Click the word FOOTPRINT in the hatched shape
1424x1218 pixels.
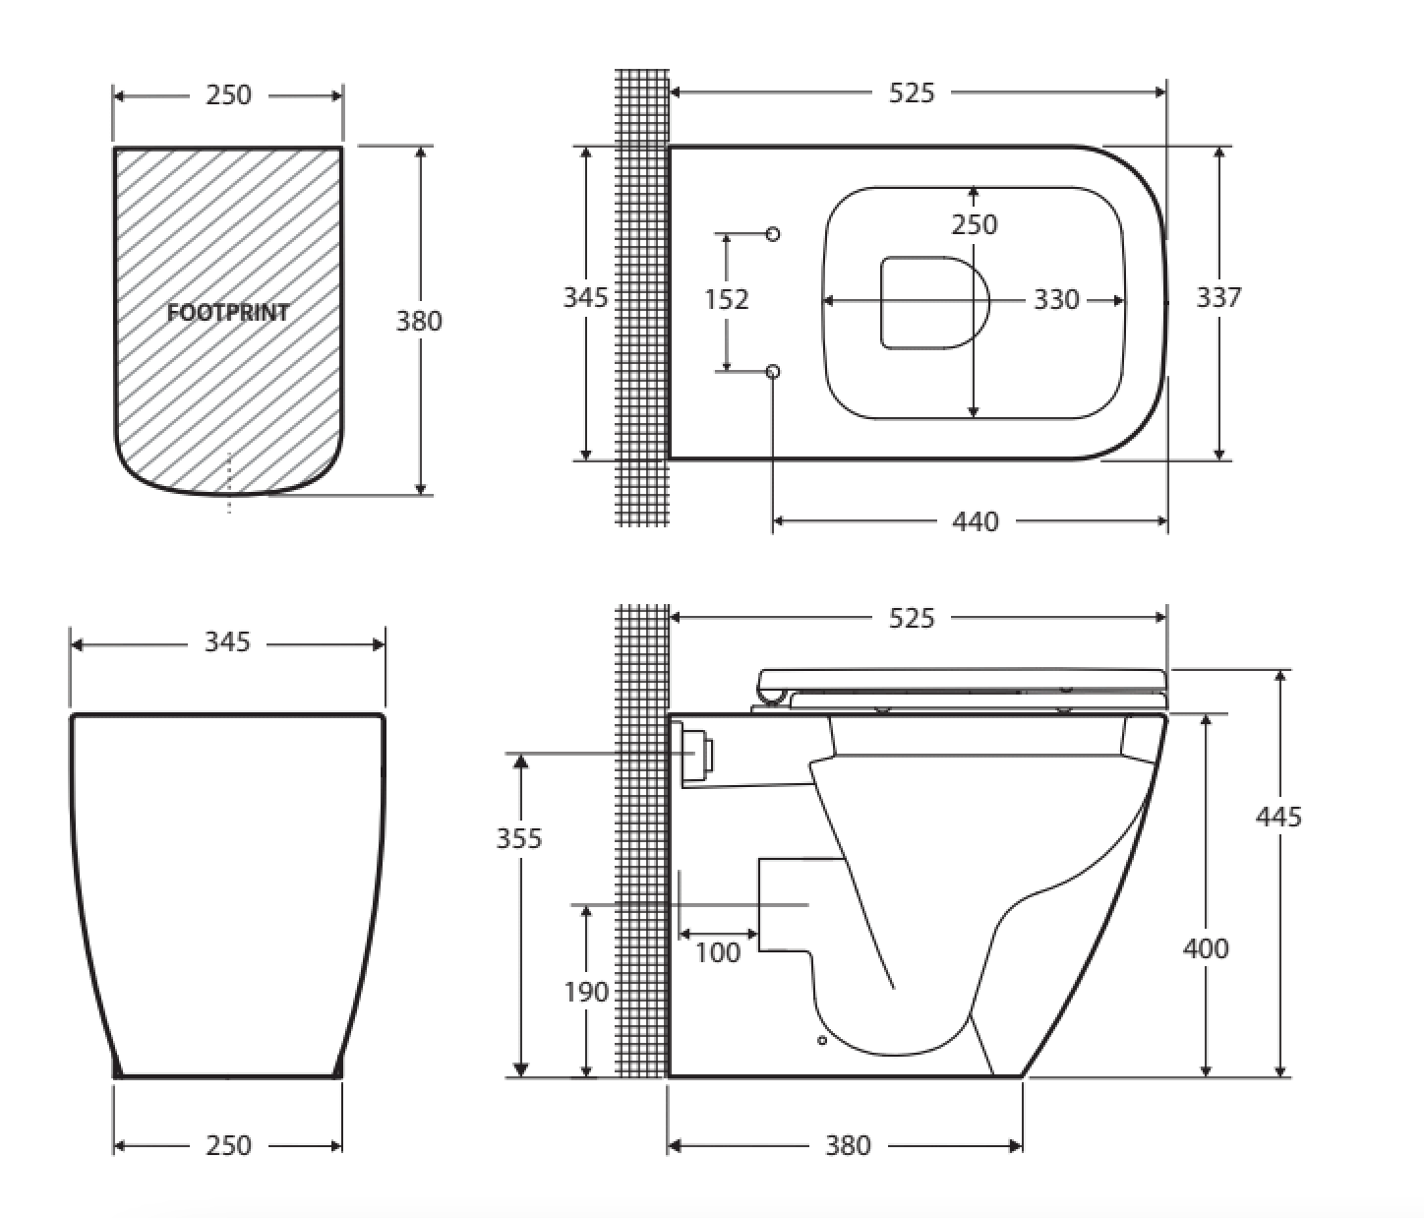[x=228, y=313]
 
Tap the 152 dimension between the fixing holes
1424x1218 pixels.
[x=726, y=299]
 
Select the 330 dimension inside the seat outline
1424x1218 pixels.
[x=1056, y=299]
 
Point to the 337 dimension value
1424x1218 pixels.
[x=1218, y=297]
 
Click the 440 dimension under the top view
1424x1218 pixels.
[x=975, y=521]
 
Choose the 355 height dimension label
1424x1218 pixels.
[x=519, y=838]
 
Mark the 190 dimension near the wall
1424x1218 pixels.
[x=586, y=992]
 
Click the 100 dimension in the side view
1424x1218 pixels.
[x=717, y=952]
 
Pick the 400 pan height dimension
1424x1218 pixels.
[x=1206, y=948]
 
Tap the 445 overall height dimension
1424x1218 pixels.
[x=1278, y=817]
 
